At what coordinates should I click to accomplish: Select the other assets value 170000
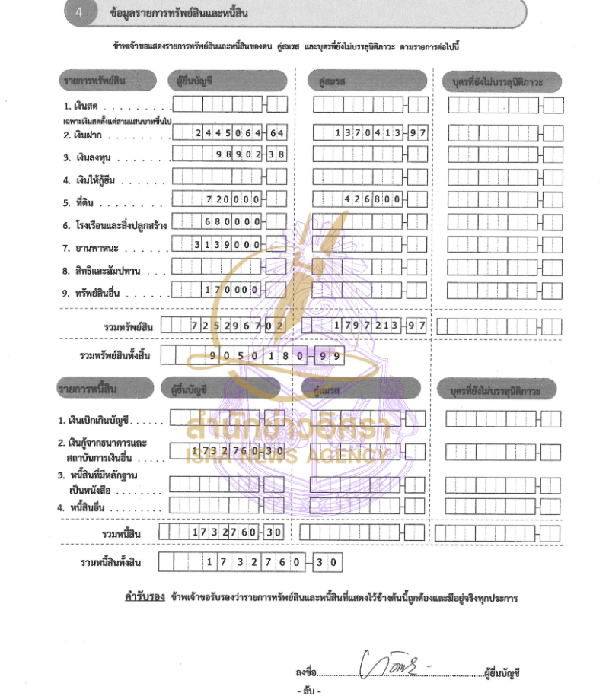click(233, 290)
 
